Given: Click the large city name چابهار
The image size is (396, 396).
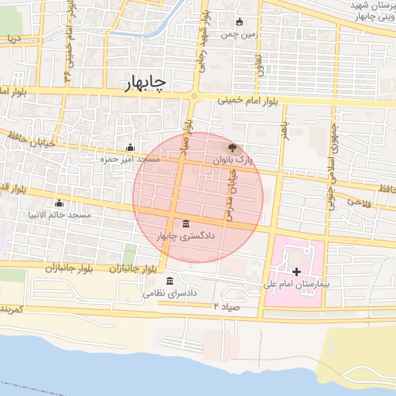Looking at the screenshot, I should pos(150,85).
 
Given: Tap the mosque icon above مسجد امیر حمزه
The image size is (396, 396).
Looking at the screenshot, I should pos(130,148).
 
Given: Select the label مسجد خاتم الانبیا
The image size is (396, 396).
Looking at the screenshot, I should pos(59,213).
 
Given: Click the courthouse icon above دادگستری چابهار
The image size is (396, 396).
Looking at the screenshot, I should pos(185,224).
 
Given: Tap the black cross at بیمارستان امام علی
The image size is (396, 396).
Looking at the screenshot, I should pos(296,271).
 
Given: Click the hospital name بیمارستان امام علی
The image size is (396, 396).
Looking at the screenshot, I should pos(307,285).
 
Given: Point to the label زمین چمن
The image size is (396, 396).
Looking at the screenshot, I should pos(239,34).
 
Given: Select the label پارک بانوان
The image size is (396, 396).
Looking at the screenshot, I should pos(234,160).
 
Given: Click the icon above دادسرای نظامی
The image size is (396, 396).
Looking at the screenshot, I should pos(169,281).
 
